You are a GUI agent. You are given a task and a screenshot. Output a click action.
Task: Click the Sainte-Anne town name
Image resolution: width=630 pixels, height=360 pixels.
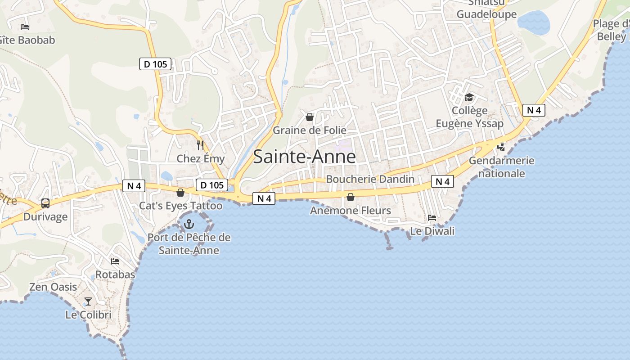(x=304, y=157)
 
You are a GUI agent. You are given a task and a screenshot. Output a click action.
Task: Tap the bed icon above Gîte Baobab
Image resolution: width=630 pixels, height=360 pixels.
(x=25, y=27)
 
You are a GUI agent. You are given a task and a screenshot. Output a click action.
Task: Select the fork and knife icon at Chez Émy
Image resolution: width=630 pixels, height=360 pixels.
(x=200, y=145)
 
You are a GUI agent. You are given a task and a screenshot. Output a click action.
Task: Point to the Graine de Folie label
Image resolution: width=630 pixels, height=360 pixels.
(x=310, y=130)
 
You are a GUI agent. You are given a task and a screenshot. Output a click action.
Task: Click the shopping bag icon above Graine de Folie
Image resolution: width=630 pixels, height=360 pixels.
(x=310, y=117)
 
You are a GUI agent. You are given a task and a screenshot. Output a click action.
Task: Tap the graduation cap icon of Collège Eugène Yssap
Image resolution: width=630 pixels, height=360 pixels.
(x=469, y=98)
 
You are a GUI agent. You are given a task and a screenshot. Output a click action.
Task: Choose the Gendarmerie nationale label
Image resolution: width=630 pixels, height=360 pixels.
(x=501, y=167)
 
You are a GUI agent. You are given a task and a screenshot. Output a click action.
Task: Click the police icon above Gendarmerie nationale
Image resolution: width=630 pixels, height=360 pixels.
(x=501, y=147)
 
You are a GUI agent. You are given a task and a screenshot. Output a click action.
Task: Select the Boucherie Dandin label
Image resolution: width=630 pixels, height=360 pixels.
(x=370, y=179)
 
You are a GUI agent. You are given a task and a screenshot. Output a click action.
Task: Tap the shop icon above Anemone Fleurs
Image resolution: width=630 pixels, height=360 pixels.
(x=351, y=197)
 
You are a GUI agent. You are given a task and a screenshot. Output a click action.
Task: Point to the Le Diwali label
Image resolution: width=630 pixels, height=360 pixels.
(x=432, y=231)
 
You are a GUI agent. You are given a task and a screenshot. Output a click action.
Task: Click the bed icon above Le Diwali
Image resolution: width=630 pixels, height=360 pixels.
(x=432, y=218)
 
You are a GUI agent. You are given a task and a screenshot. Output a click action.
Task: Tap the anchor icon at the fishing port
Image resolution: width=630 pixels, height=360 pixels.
(x=189, y=224)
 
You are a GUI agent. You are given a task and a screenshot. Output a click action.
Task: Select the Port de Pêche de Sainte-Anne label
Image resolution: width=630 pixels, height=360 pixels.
(x=189, y=244)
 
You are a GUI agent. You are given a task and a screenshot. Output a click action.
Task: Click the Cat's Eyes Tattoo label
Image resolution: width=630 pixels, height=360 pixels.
(x=180, y=206)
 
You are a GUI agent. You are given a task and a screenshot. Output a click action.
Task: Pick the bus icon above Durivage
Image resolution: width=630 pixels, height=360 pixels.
(x=45, y=203)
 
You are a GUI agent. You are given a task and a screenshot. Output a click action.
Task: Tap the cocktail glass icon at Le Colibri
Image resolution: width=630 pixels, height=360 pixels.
(x=88, y=301)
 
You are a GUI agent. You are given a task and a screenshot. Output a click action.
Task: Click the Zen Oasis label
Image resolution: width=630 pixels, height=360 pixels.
(x=53, y=287)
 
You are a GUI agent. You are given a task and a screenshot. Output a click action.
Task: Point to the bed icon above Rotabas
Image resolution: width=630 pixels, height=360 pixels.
(x=115, y=261)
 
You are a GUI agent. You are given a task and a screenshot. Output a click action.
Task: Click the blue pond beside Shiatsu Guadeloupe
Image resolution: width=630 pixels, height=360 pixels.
(x=534, y=22)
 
